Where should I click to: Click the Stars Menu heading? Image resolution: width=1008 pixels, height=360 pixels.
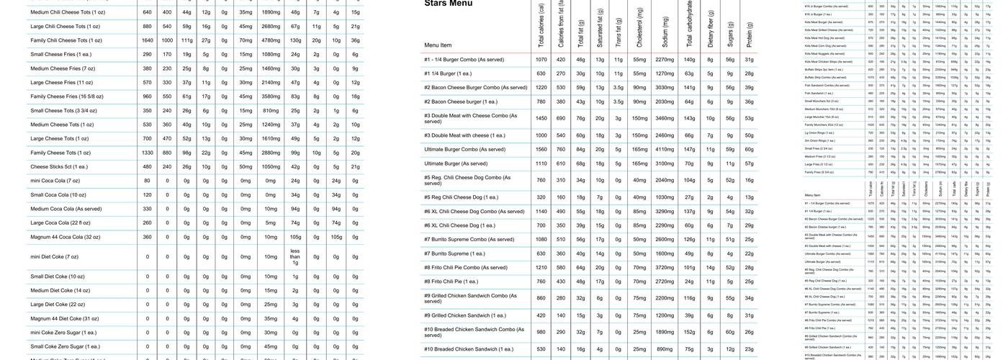click(449, 4)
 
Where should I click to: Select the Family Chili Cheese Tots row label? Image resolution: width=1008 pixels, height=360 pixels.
click(66, 40)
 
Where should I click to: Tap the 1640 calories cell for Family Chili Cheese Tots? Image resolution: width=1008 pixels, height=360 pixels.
click(148, 40)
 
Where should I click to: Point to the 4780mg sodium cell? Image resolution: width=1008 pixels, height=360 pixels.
click(271, 40)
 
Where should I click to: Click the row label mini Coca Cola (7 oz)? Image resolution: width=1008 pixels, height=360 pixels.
click(55, 181)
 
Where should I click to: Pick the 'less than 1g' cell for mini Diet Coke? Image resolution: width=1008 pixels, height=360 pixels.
click(295, 257)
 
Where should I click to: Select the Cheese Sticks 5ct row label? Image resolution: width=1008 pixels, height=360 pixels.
click(59, 166)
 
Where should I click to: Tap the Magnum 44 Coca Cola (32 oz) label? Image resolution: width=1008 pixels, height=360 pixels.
click(66, 237)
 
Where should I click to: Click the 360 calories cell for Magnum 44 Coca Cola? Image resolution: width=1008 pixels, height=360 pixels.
click(148, 237)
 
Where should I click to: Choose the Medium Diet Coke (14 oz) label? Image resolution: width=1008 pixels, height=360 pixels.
click(60, 291)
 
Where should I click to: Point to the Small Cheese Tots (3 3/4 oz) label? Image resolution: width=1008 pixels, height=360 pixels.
click(64, 111)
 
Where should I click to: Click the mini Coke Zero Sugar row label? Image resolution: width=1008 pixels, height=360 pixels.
click(63, 333)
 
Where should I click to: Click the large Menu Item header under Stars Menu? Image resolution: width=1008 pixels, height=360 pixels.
click(438, 45)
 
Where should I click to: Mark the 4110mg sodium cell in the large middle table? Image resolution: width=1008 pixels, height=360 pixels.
click(664, 149)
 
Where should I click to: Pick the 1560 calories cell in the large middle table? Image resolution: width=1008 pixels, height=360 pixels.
click(541, 149)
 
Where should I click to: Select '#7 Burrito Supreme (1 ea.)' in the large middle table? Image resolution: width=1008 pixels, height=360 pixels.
click(454, 253)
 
